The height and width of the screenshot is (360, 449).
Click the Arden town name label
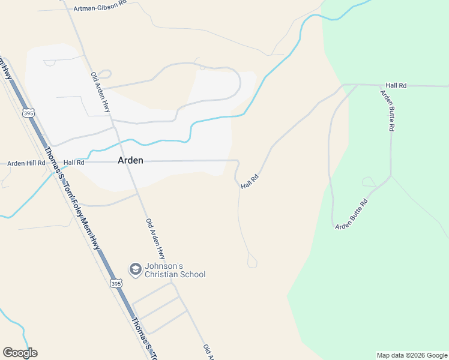(x=130, y=160)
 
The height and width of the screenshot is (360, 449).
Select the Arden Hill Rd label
(x=26, y=163)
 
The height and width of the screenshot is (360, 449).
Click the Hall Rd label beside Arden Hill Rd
(x=74, y=162)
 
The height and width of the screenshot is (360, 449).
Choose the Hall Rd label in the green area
(x=396, y=86)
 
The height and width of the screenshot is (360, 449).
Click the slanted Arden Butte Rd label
(x=351, y=214)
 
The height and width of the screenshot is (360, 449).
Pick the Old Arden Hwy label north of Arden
(x=101, y=92)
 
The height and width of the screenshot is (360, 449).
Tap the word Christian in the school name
(x=160, y=275)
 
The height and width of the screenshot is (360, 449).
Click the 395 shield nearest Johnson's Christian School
(x=116, y=283)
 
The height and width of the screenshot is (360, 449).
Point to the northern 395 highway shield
(x=28, y=113)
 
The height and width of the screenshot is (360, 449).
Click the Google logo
(x=20, y=353)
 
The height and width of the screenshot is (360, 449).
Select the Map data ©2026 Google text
(x=412, y=355)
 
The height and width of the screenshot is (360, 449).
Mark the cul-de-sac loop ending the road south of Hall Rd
(x=252, y=262)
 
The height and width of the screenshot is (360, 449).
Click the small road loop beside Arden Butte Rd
(x=369, y=182)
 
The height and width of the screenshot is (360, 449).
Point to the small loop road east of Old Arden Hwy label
(x=104, y=74)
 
